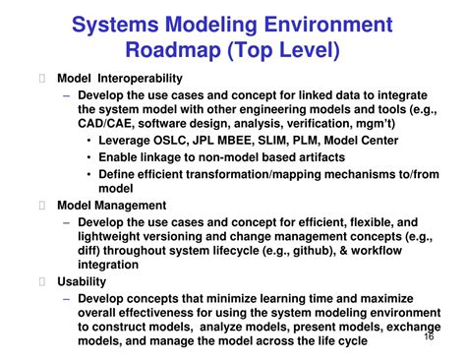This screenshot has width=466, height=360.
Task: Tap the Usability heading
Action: point(82,281)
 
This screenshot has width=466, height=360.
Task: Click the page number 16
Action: point(429,335)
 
